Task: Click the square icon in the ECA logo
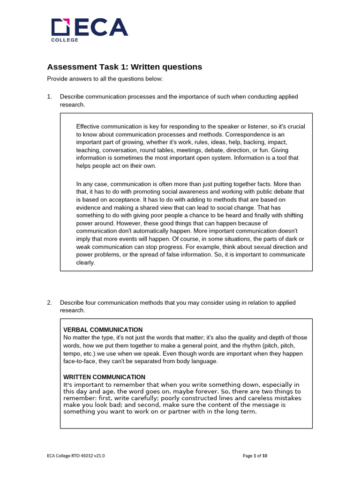(x=60, y=27)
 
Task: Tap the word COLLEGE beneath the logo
(x=65, y=40)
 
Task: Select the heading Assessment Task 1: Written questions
(x=124, y=67)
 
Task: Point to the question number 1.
(x=49, y=97)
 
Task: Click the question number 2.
(x=49, y=303)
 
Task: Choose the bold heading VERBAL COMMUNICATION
(x=103, y=330)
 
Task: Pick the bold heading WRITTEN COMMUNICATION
(x=104, y=377)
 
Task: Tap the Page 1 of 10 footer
(x=255, y=456)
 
